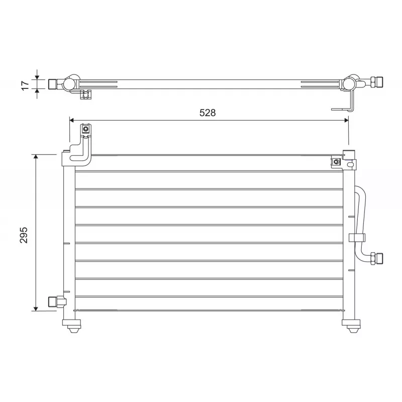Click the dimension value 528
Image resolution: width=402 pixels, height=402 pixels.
pos(207,113)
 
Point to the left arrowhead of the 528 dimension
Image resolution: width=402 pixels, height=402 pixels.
pos(72,120)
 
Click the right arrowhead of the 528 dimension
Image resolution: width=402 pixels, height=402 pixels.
pos(345,120)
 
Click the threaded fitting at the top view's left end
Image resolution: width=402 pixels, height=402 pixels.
pos(53,84)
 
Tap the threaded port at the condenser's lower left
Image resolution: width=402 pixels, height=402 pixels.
pos(53,301)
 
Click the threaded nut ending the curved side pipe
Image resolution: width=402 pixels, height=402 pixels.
pos(376,258)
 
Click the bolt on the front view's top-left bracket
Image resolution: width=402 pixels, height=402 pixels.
pos(86,130)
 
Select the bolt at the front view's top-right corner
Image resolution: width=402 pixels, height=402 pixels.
pos(335,162)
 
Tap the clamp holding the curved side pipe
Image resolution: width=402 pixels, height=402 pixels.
pos(358,238)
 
